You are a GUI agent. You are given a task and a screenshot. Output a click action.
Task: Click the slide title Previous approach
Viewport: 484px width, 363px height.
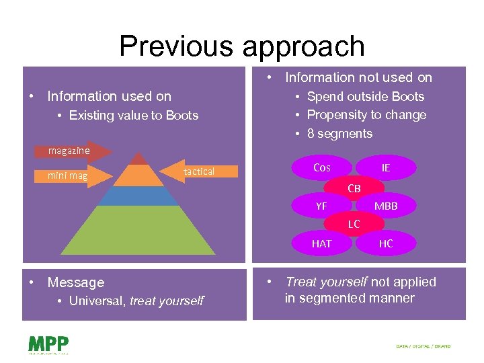click(x=242, y=46)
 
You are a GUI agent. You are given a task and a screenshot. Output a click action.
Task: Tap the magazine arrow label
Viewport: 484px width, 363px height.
click(x=69, y=151)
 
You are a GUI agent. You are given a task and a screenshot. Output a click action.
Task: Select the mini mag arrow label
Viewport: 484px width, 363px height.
click(x=67, y=176)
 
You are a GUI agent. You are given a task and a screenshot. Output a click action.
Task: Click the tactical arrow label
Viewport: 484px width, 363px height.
click(x=200, y=172)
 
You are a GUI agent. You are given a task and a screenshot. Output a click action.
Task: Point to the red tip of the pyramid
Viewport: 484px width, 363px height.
click(x=138, y=159)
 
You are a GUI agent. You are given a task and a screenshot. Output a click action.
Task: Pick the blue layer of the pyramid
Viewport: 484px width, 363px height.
click(x=139, y=196)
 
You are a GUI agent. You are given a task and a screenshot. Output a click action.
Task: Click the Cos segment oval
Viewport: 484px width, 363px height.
click(x=322, y=167)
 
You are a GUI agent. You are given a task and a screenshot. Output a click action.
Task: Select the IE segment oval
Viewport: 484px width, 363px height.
click(x=385, y=167)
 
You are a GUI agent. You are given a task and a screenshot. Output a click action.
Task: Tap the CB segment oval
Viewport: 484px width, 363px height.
click(x=354, y=189)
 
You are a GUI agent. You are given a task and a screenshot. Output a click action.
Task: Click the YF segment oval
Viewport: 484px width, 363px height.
click(x=322, y=206)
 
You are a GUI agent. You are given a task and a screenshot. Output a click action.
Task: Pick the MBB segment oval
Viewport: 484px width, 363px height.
click(x=385, y=206)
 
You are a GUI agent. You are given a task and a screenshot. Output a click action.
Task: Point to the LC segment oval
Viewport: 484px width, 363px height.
click(x=354, y=224)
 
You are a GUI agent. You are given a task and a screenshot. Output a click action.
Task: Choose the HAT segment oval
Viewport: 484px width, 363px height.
click(x=322, y=243)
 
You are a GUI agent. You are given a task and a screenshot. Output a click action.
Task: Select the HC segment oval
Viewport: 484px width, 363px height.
click(x=385, y=243)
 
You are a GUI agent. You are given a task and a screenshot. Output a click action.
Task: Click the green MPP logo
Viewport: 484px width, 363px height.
click(x=48, y=344)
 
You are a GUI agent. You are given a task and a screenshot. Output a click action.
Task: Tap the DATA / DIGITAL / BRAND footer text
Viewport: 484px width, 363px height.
click(x=424, y=347)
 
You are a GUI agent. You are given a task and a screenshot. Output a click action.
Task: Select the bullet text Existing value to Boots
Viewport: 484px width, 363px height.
click(x=133, y=116)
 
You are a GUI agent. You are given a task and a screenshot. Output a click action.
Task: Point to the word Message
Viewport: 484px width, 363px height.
click(x=76, y=282)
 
